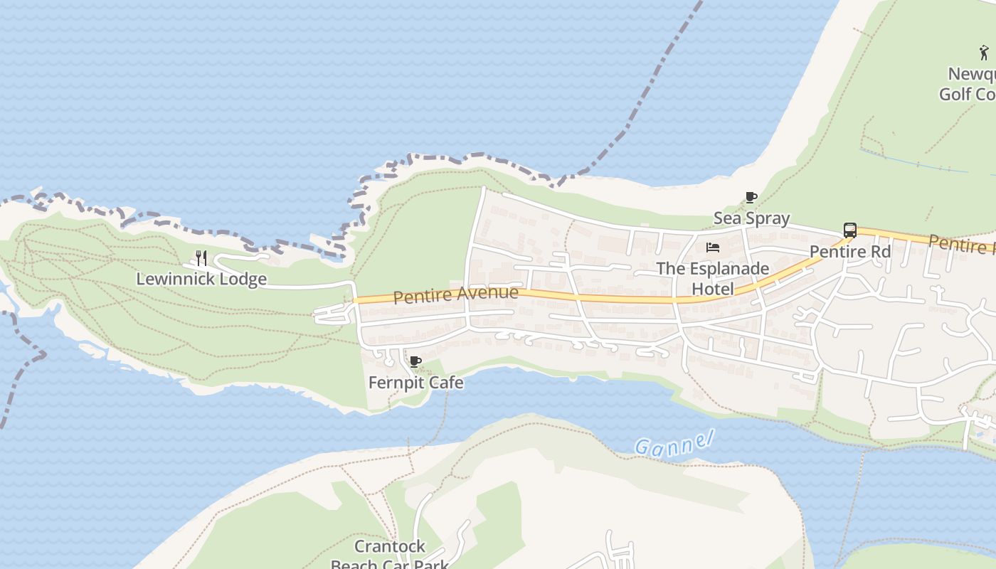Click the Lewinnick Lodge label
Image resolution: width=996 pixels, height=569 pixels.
(201, 279)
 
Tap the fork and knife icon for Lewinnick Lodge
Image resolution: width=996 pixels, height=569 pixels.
(201, 257)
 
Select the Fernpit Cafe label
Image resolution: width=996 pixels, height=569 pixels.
(415, 383)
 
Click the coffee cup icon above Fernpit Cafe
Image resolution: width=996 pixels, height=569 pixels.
(415, 362)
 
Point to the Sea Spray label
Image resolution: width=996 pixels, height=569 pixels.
(751, 218)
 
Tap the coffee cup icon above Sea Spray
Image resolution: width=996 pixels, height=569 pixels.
(751, 197)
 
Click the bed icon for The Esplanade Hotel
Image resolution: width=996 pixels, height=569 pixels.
(713, 248)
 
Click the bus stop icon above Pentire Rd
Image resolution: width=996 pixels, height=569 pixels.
(849, 230)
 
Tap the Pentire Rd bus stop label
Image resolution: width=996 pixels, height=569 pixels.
(850, 252)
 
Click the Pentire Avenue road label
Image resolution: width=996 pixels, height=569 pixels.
(455, 294)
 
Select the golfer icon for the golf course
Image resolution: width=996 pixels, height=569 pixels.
(984, 52)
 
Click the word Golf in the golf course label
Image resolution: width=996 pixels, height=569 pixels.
(955, 94)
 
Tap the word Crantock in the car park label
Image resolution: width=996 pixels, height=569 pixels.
(390, 546)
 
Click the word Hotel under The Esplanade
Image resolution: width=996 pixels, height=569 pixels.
(713, 289)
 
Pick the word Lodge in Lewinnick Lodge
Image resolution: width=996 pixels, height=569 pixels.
(243, 279)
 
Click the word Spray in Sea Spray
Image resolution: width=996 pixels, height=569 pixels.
(768, 218)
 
